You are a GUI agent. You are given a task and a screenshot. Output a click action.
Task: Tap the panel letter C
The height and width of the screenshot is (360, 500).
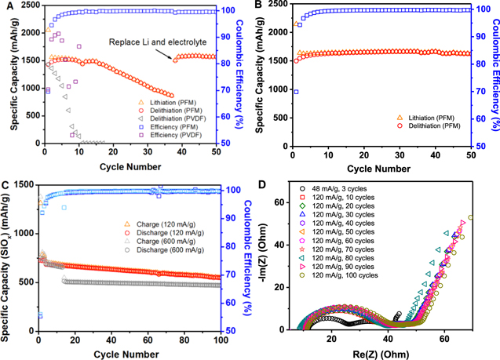pos(6,187)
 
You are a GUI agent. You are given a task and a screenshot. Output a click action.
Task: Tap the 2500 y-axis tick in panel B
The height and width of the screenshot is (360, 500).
pos(276,11)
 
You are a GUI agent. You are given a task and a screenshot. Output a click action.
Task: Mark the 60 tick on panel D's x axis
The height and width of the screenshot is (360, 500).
pos(444,341)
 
